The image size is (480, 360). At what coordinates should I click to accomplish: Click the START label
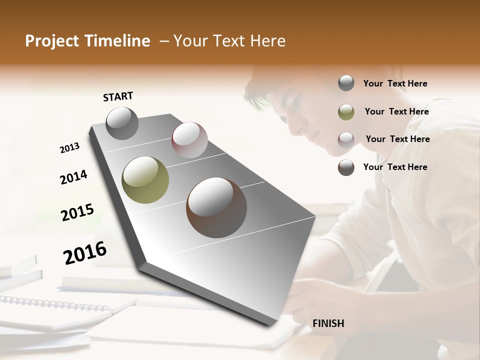[118, 96]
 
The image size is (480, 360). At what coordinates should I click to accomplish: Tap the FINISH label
[328, 323]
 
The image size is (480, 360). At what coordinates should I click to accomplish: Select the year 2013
[70, 148]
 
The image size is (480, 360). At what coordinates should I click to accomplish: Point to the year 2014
[73, 177]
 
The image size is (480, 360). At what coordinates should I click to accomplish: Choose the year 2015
[77, 212]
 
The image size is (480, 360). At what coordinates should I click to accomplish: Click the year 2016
[85, 253]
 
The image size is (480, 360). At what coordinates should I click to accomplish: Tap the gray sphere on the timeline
[122, 123]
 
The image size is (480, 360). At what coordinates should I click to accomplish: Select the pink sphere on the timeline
[189, 140]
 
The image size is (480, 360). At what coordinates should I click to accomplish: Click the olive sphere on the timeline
[145, 180]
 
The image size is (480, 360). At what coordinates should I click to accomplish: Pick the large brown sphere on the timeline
[216, 207]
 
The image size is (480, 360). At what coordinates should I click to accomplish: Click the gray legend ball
[346, 83]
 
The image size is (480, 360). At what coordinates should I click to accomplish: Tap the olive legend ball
[346, 112]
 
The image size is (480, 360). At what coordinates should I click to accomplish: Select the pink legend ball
[346, 139]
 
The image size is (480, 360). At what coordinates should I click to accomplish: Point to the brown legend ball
[346, 167]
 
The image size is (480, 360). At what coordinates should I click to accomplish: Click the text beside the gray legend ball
[395, 83]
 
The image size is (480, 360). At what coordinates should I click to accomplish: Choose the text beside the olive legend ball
[396, 111]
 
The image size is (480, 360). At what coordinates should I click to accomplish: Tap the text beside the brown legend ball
[395, 167]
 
